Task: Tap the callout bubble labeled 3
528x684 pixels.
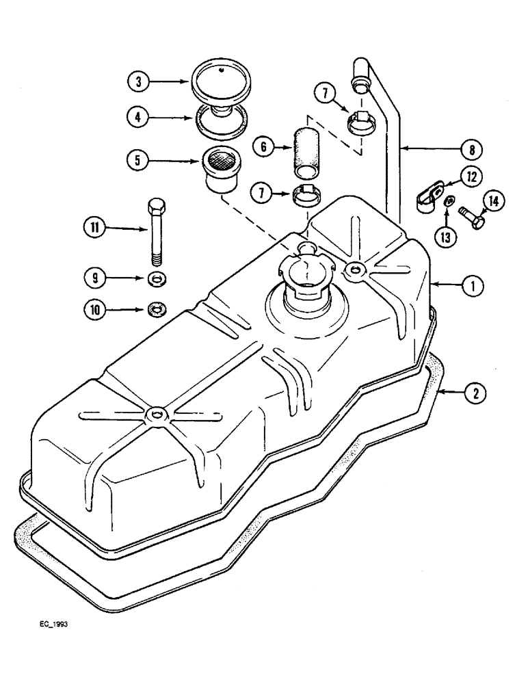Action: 139,81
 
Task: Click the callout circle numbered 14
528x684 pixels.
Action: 494,200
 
